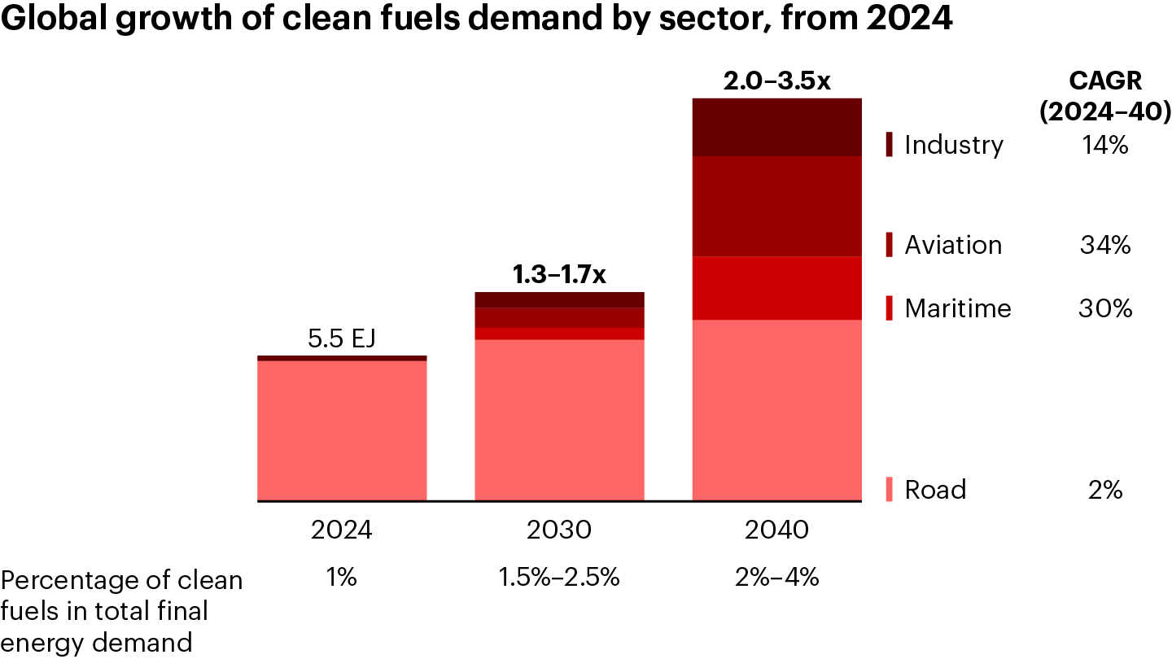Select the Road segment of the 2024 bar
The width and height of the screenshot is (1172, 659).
(342, 430)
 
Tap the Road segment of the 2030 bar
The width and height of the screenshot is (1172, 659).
(559, 420)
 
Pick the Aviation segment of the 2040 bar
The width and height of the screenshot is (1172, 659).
(776, 206)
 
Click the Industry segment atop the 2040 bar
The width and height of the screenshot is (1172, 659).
(776, 127)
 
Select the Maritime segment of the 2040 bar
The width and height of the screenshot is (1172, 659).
(776, 288)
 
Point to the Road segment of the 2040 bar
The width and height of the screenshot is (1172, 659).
(776, 410)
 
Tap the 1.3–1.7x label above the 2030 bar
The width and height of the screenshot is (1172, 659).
(559, 275)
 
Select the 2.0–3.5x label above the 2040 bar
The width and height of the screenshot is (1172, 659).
(776, 81)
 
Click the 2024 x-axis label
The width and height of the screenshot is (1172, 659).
(342, 530)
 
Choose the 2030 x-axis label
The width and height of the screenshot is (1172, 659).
(559, 530)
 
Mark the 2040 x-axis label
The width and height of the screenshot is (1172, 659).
(776, 530)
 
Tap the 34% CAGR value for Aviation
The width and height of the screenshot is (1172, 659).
(1105, 245)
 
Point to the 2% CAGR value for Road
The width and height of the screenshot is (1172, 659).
(1105, 490)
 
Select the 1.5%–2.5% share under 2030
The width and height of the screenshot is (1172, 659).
(559, 578)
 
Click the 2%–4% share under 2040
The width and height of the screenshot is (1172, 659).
(776, 578)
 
